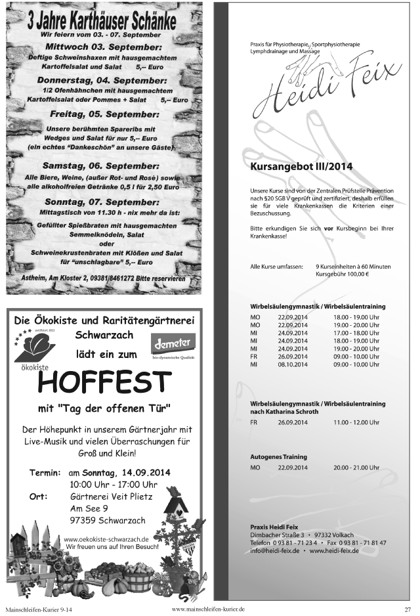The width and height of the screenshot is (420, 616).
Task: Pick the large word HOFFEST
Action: (x=105, y=382)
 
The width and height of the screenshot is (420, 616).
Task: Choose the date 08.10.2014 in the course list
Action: (x=292, y=364)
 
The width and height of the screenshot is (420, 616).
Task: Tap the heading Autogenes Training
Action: (x=278, y=457)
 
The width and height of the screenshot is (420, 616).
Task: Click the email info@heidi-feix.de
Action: (x=275, y=550)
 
